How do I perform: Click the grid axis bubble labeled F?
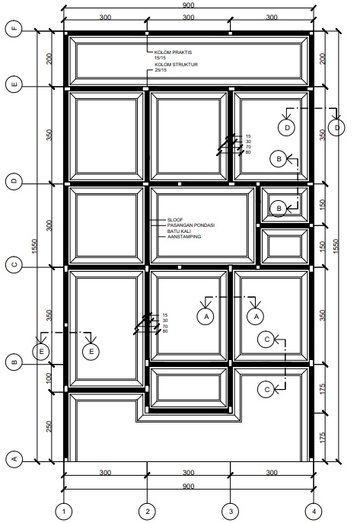14,29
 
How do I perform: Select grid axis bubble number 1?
64,511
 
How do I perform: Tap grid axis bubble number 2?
148,511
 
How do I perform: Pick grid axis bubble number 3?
231,511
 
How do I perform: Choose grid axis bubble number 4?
314,511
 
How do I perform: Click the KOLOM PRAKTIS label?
173,53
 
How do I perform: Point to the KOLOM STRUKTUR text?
176,65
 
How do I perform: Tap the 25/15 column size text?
161,70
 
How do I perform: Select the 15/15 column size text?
160,58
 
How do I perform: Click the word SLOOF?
175,220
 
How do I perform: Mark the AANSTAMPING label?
184,237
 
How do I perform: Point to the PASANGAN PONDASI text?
191,225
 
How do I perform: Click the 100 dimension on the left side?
49,378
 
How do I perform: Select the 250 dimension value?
49,426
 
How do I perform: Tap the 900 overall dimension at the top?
188,5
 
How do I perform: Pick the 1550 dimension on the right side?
336,246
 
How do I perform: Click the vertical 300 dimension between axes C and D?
49,225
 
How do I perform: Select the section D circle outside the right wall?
336,127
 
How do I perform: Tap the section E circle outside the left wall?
41,351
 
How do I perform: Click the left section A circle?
205,316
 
